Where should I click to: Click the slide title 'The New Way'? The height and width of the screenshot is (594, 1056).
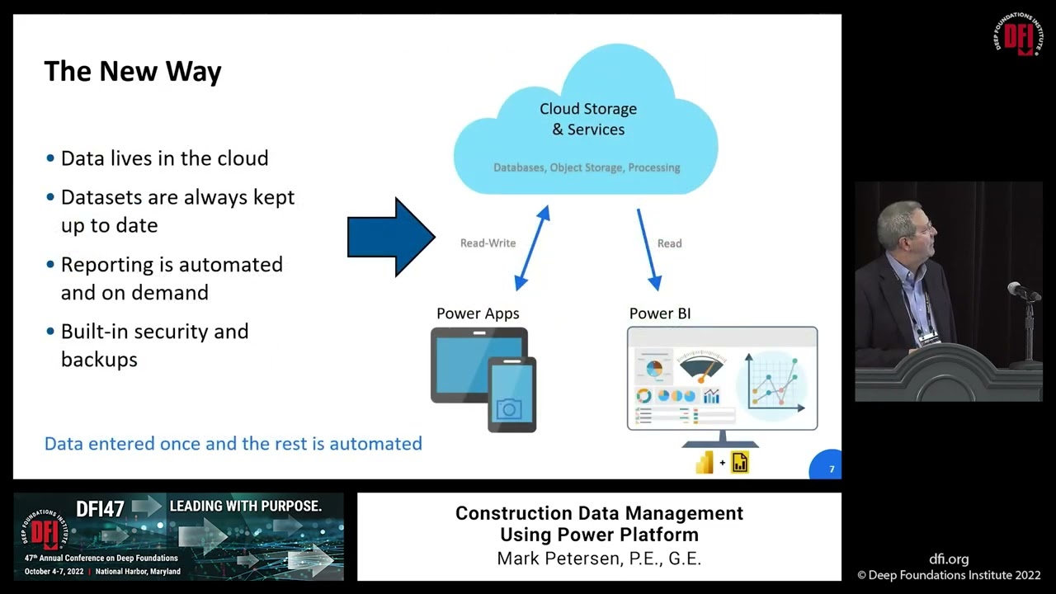[x=132, y=72]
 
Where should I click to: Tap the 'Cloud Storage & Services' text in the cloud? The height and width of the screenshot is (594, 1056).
[x=587, y=119]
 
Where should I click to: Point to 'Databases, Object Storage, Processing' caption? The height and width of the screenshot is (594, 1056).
[x=587, y=167]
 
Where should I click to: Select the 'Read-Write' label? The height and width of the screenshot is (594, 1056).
[x=488, y=243]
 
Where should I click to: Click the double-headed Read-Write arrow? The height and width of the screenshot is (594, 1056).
[x=532, y=248]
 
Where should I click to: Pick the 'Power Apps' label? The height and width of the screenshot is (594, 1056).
[x=478, y=313]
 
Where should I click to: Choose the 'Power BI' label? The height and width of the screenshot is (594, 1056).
[x=660, y=313]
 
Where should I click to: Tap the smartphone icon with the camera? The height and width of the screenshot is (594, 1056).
[x=511, y=394]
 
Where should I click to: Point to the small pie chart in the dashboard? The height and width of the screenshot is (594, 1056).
[x=654, y=369]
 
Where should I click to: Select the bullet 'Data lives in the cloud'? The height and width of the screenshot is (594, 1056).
[x=164, y=158]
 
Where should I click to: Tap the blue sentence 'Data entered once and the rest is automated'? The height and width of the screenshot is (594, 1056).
[x=233, y=444]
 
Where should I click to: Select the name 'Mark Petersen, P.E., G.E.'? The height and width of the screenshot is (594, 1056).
[x=599, y=559]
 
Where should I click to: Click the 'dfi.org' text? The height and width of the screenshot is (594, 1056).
[x=949, y=559]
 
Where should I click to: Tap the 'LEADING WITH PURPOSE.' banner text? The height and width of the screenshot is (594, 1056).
[x=245, y=506]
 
